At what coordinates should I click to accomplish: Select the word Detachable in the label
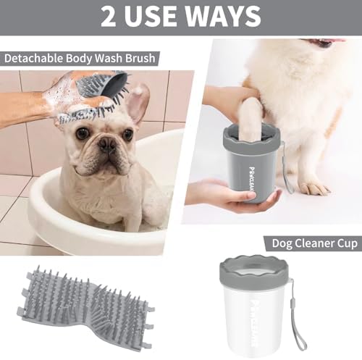[33, 59]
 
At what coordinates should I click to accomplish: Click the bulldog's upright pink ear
[137, 103]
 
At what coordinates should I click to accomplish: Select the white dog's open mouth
[324, 43]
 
